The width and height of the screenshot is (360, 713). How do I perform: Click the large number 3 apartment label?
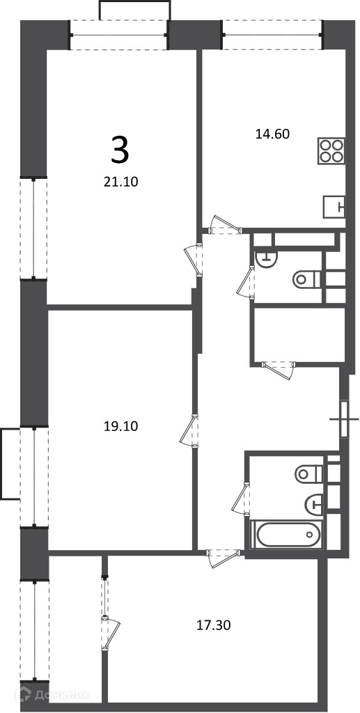coord(120,150)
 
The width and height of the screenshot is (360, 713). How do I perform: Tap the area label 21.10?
coord(121,182)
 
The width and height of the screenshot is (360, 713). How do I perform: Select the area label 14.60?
coord(273,134)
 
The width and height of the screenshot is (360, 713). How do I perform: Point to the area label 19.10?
coord(121,427)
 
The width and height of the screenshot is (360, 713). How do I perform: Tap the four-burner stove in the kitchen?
coord(331,151)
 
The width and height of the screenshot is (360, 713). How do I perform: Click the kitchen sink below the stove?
coord(334,207)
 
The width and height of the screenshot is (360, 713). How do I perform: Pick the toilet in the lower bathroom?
coord(308,473)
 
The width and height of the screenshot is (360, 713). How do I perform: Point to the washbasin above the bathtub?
coord(313,503)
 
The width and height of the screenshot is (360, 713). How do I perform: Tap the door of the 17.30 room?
coord(224,558)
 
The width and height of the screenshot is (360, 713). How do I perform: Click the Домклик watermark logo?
coord(53,695)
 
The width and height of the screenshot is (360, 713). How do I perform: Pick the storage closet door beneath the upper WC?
coord(279,370)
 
